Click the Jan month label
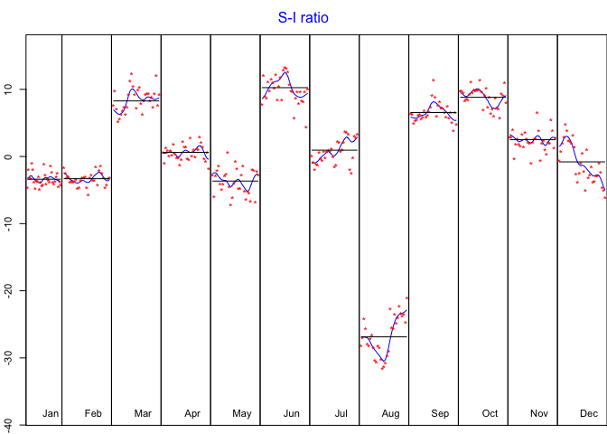pos(51,413)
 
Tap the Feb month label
pos(93,413)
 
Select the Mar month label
pos(143,413)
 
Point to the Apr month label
pos(192,413)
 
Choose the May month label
pos(242,413)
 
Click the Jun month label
pos(292,413)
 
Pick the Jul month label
pos(341,413)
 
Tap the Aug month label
pos(390,413)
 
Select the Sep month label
pos(440,413)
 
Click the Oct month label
pos(490,413)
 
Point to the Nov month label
pos(539,413)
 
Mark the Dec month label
pos(589,413)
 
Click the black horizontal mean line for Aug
pos(384,336)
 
